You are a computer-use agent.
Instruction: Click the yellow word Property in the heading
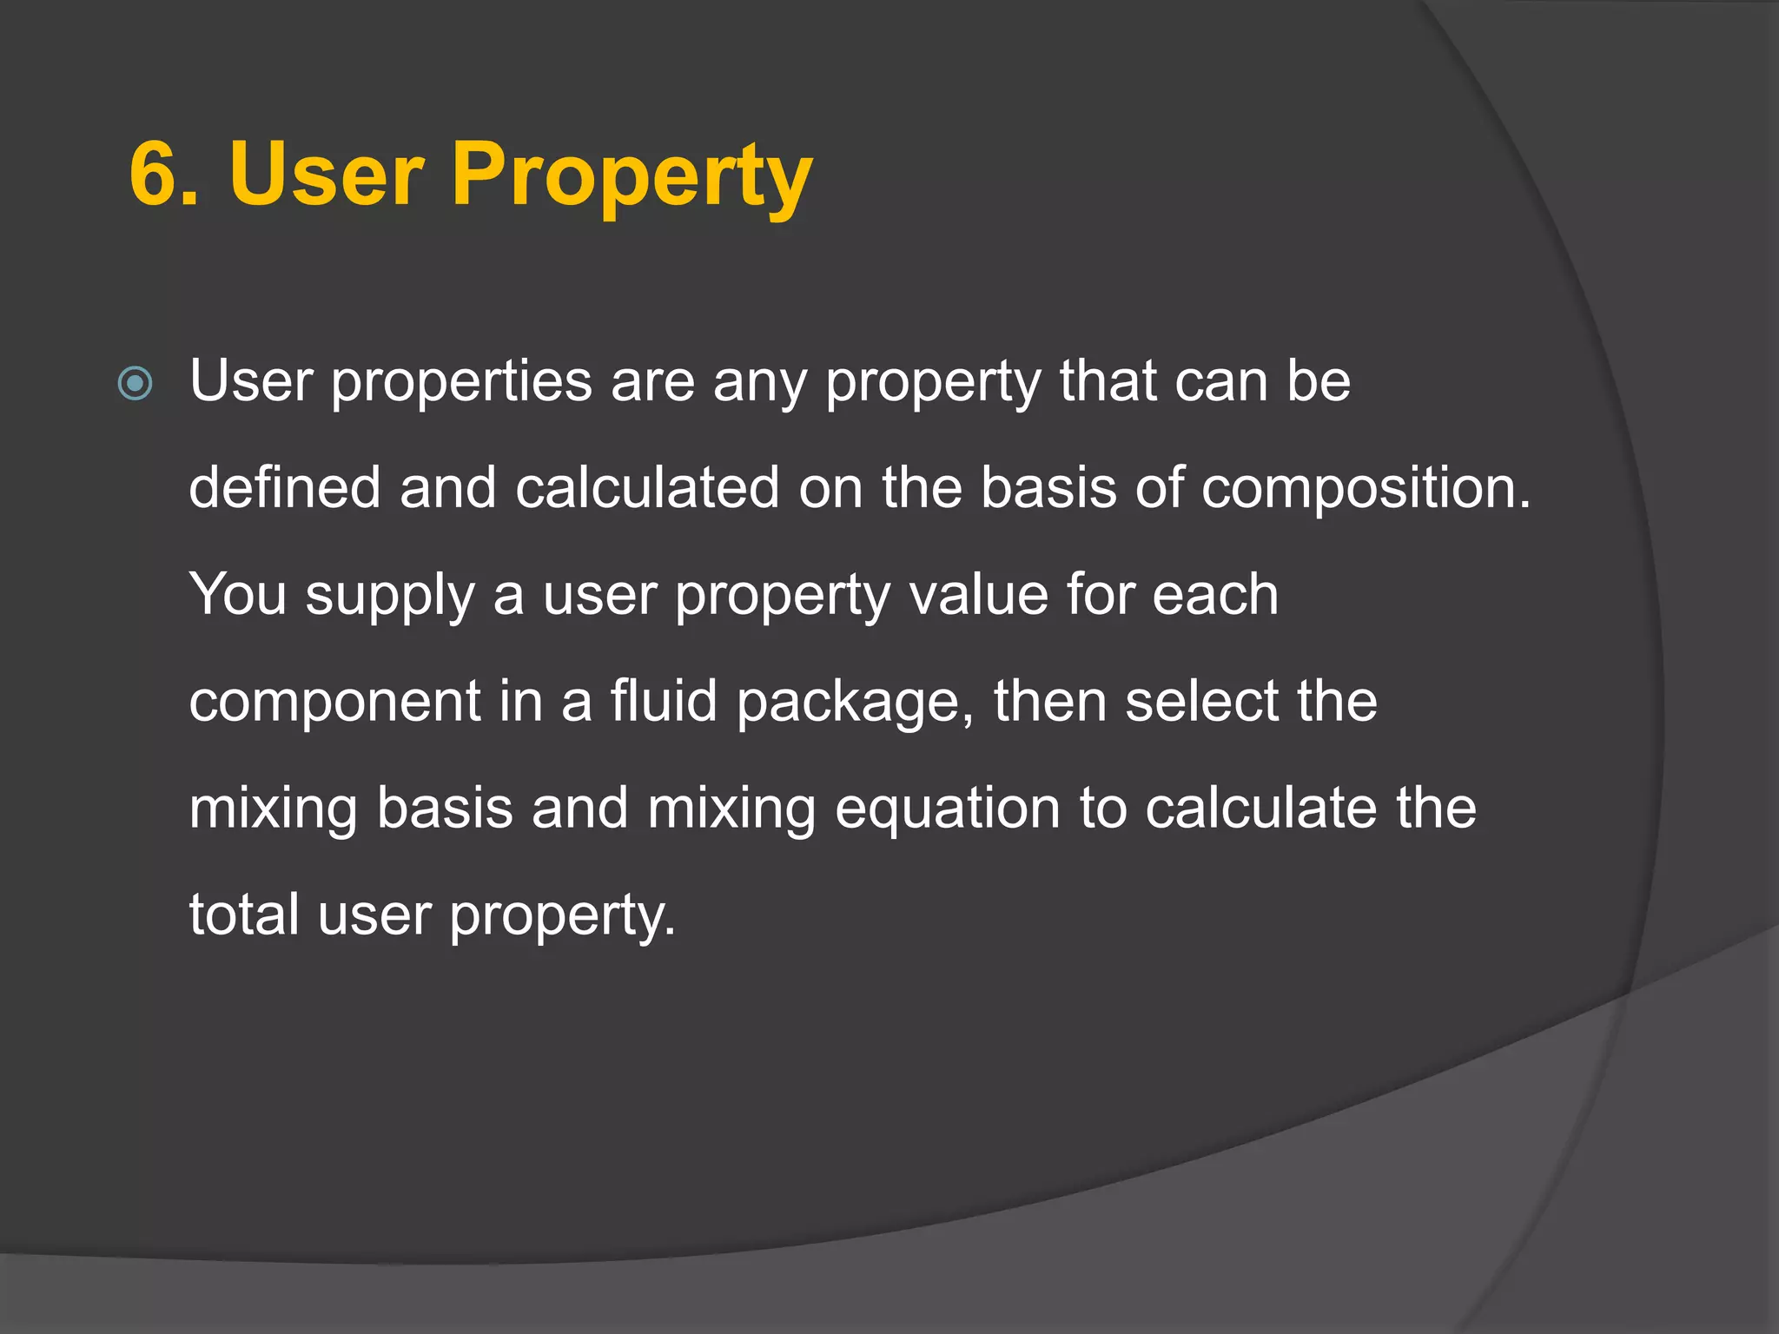(x=632, y=178)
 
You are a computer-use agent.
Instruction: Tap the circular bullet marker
(x=136, y=383)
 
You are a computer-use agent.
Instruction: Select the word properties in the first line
(x=460, y=383)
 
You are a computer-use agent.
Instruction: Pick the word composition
(x=1366, y=489)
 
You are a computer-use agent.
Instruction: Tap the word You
(x=237, y=595)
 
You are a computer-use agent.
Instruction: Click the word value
(x=979, y=595)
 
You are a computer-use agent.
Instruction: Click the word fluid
(x=664, y=701)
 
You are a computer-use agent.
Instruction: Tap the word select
(x=1202, y=701)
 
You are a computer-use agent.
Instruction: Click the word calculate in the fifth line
(x=1261, y=809)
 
